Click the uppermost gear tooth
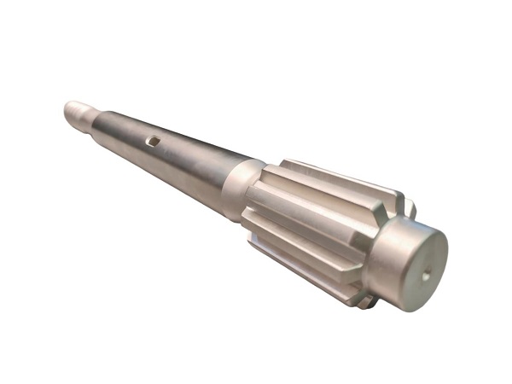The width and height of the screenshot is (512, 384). click(x=341, y=175)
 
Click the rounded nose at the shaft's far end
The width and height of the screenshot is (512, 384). click(x=68, y=108)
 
